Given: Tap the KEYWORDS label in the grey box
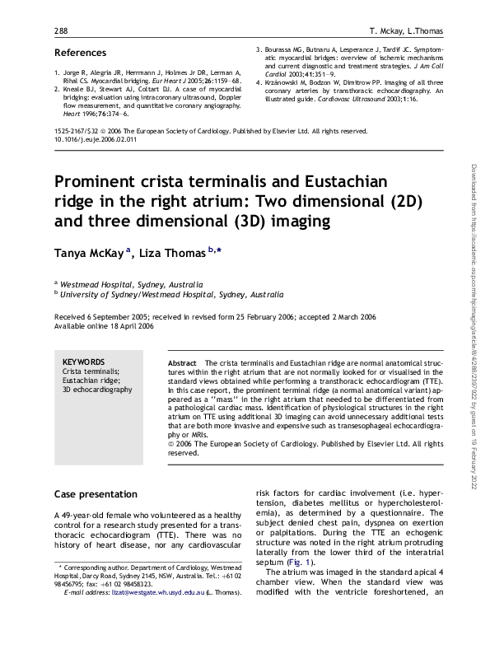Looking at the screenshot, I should coord(83,362).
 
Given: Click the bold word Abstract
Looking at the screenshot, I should coord(182,362).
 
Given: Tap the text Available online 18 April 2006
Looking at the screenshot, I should coord(104,325).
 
